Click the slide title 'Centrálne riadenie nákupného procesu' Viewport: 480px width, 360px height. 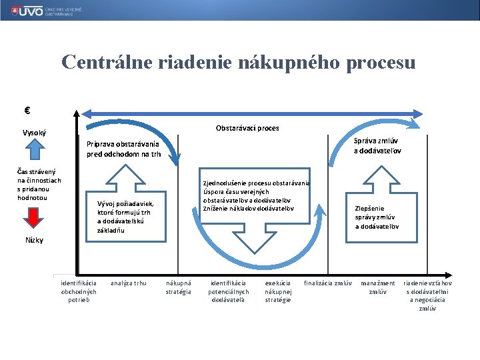(x=238, y=63)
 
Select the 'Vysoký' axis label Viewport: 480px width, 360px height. (x=34, y=133)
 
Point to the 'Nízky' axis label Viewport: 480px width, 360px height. (x=34, y=240)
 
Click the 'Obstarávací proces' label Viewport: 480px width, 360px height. (x=247, y=128)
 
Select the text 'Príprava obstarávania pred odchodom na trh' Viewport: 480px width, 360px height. (x=123, y=149)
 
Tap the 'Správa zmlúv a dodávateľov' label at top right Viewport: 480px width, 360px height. (x=377, y=145)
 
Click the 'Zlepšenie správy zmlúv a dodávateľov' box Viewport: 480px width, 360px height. (x=377, y=217)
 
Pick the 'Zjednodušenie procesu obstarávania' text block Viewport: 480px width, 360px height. (x=256, y=196)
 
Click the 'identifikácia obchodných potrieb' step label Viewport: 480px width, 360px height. (x=79, y=291)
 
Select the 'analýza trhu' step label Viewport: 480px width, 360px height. (x=128, y=283)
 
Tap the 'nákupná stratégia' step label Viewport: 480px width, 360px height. (x=179, y=287)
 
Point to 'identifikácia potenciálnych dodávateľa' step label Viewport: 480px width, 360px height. (x=229, y=291)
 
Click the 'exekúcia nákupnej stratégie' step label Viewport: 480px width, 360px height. (x=278, y=291)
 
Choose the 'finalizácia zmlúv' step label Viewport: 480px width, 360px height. (x=328, y=283)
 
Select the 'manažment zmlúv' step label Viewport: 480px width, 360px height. (x=378, y=287)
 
